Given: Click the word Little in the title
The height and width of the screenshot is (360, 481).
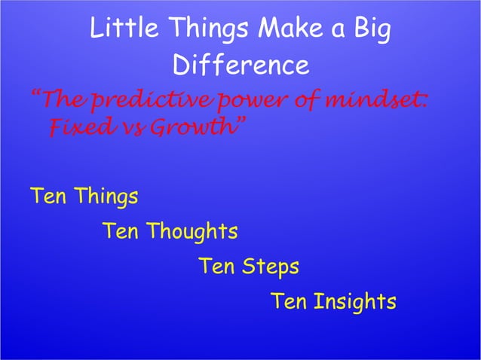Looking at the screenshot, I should tap(116, 30).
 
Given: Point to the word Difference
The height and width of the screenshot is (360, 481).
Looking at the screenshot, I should tap(240, 66).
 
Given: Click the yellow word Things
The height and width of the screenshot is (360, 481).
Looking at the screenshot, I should tap(105, 197).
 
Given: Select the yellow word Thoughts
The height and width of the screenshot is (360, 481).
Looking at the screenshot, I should tap(191, 231).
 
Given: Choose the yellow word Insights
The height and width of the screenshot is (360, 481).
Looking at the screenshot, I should tap(354, 302).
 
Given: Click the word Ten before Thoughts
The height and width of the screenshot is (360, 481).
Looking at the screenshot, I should tap(120, 231).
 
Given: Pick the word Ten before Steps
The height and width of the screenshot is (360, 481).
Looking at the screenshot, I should tap(216, 267).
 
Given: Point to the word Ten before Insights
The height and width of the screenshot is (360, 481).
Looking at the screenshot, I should tap(288, 302).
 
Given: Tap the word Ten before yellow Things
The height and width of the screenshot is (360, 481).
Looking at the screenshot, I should tap(47, 197).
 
